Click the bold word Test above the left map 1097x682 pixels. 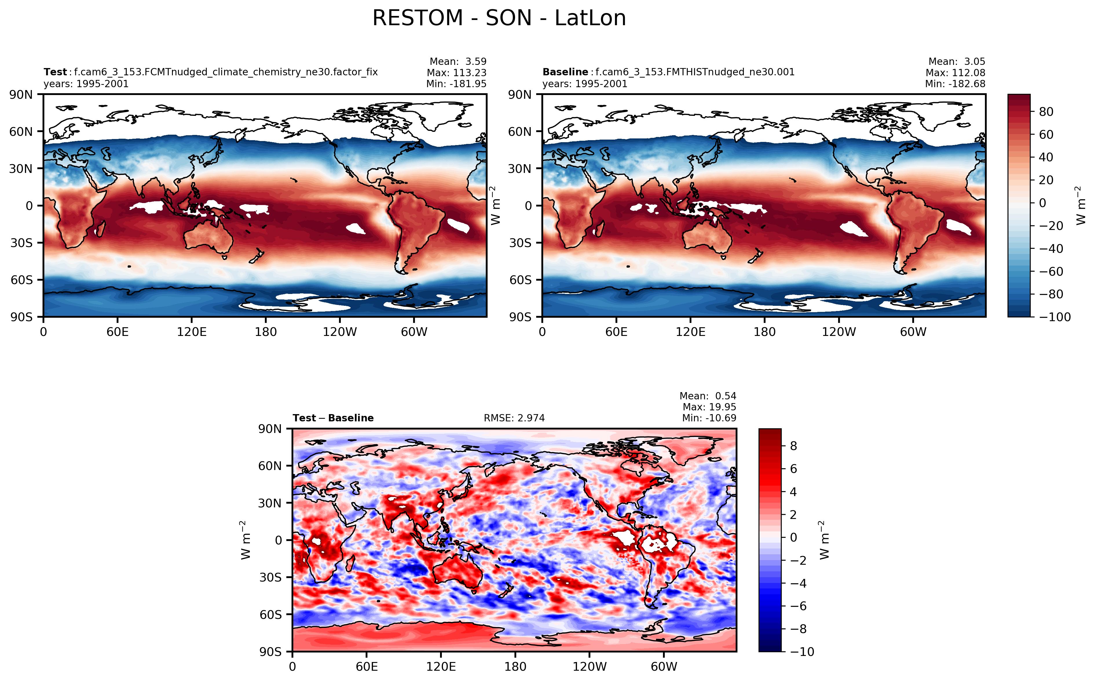55,72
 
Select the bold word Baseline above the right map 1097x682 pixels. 565,72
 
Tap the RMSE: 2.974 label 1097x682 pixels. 514,418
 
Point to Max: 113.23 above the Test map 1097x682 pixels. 456,73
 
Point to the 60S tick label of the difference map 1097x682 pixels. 270,615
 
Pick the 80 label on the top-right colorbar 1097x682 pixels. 1046,112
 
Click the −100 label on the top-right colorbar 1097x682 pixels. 1054,317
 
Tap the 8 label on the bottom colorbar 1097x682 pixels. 794,446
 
